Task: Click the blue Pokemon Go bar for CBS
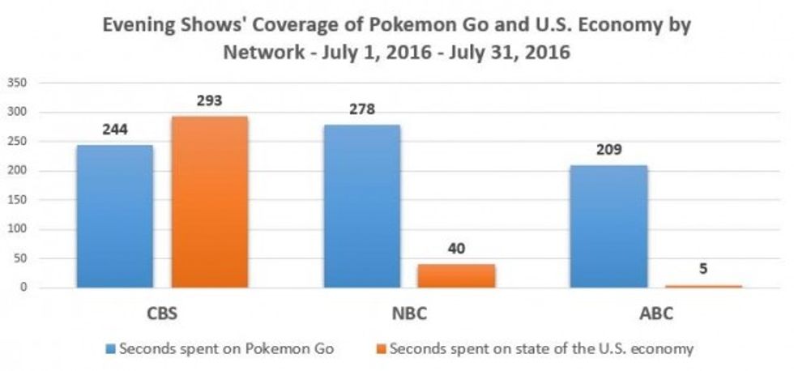point(114,216)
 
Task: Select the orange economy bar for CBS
point(209,202)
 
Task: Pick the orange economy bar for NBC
point(456,275)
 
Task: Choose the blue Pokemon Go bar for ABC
point(608,227)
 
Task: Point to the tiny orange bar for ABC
point(703,286)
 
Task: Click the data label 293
point(210,102)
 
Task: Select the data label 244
point(115,130)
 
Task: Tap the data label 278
point(362,110)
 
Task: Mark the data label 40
point(456,249)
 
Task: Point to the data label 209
point(609,151)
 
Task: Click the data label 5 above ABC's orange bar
point(702,270)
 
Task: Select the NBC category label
point(408,313)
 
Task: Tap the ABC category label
point(655,313)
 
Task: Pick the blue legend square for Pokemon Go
point(110,350)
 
